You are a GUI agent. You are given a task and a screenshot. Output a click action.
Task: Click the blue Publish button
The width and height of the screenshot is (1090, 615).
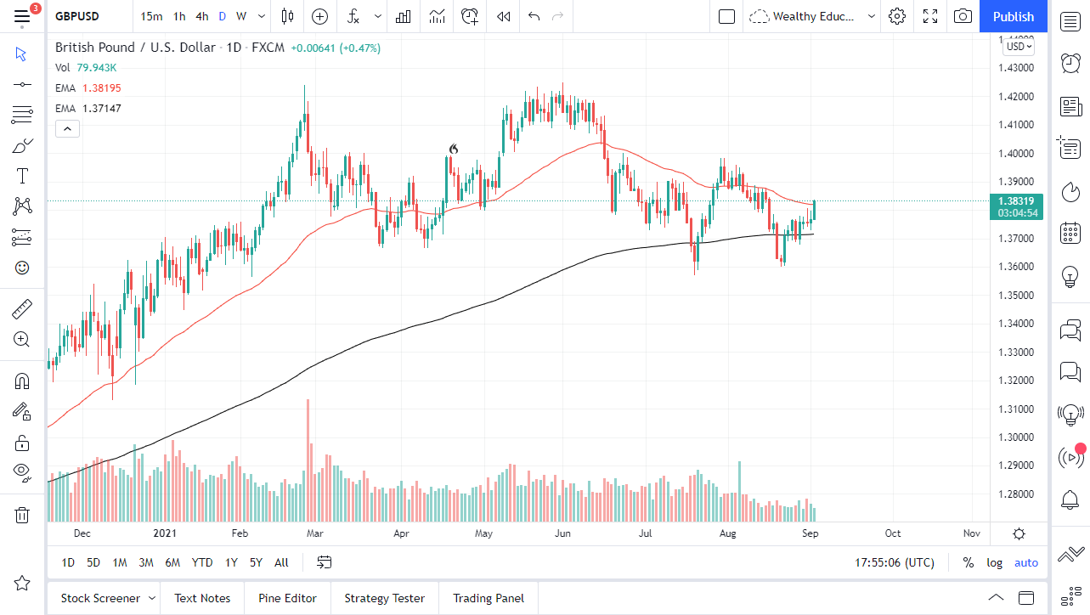1014,16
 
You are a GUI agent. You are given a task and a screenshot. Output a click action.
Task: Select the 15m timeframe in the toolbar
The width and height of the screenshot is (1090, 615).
151,16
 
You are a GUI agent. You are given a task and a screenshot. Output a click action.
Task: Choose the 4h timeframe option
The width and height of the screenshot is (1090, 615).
201,16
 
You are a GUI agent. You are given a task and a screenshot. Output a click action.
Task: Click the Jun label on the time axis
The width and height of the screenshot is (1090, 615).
562,533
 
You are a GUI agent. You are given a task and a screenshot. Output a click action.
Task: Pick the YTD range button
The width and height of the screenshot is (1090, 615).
202,562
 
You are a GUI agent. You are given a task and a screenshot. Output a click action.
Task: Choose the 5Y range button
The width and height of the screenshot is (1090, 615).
256,562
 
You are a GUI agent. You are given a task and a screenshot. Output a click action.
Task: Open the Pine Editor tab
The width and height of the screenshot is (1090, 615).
287,598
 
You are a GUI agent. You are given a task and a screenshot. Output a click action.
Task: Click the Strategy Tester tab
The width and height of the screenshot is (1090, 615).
384,598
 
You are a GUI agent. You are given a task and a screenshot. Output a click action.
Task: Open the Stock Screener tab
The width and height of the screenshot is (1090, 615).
100,598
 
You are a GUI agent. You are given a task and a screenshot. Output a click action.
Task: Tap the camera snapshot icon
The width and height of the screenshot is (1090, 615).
963,16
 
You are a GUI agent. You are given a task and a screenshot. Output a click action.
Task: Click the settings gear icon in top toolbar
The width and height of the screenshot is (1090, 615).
897,16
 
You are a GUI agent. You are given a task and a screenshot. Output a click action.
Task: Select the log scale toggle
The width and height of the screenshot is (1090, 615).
994,562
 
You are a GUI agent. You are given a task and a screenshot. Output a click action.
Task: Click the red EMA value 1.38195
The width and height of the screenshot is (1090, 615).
101,88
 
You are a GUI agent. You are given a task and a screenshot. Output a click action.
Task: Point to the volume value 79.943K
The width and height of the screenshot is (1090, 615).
97,67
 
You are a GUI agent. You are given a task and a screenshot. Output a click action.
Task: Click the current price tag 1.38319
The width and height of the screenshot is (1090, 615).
1017,200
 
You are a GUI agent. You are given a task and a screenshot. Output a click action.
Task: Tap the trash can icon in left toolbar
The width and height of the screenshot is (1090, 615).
22,515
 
